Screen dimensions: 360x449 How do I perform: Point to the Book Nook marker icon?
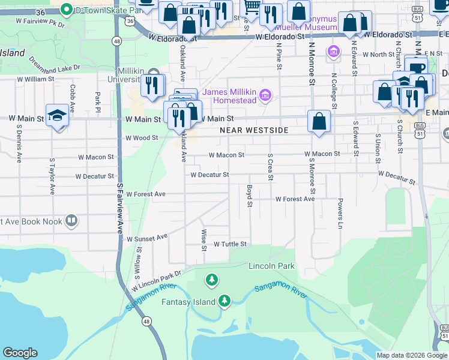coord(71,221)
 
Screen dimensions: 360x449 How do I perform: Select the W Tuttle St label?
coord(231,244)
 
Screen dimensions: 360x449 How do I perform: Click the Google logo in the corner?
coord(20,353)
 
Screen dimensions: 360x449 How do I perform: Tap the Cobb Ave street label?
coord(72,98)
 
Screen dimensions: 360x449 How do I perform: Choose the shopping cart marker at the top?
coord(252,7)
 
